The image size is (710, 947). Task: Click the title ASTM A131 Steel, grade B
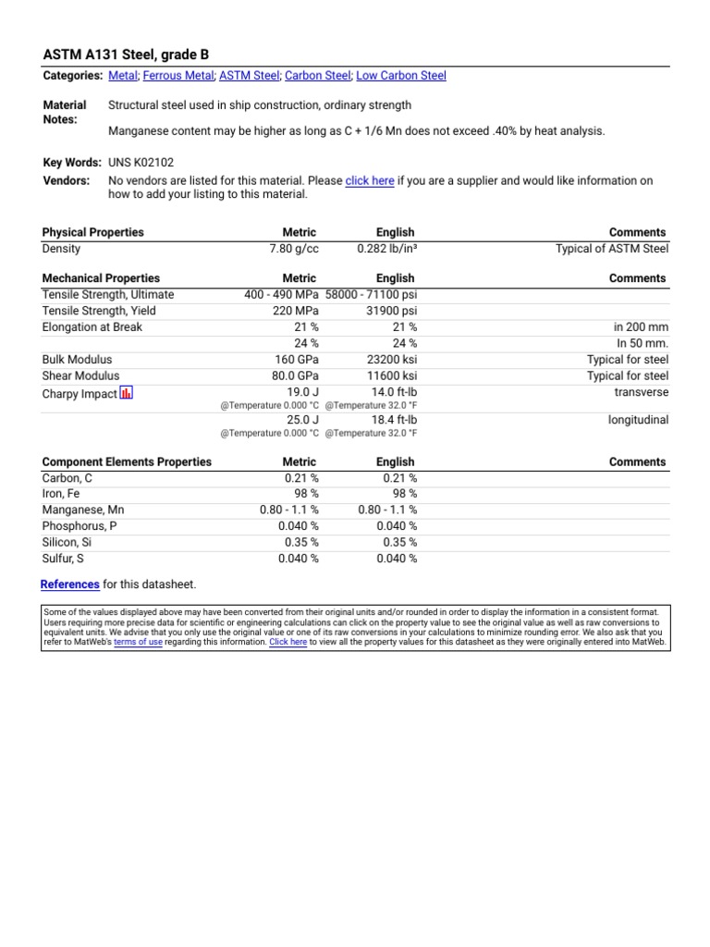pos(126,55)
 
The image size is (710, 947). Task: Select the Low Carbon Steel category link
pos(400,76)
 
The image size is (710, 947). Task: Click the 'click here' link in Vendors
pos(370,181)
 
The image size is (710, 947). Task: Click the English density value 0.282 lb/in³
pos(386,249)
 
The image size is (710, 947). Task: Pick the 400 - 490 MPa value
pos(281,295)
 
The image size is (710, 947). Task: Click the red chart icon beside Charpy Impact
pos(127,393)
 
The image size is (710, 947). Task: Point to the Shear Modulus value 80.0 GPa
pos(295,375)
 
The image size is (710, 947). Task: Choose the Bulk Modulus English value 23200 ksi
pos(391,360)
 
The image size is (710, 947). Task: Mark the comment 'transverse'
pos(641,392)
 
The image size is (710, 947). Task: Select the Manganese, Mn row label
pos(83,510)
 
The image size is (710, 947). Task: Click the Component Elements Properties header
pos(127,461)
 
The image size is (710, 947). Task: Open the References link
pos(70,584)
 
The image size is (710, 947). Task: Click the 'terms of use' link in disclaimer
pos(138,642)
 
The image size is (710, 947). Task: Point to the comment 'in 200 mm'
pos(641,327)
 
